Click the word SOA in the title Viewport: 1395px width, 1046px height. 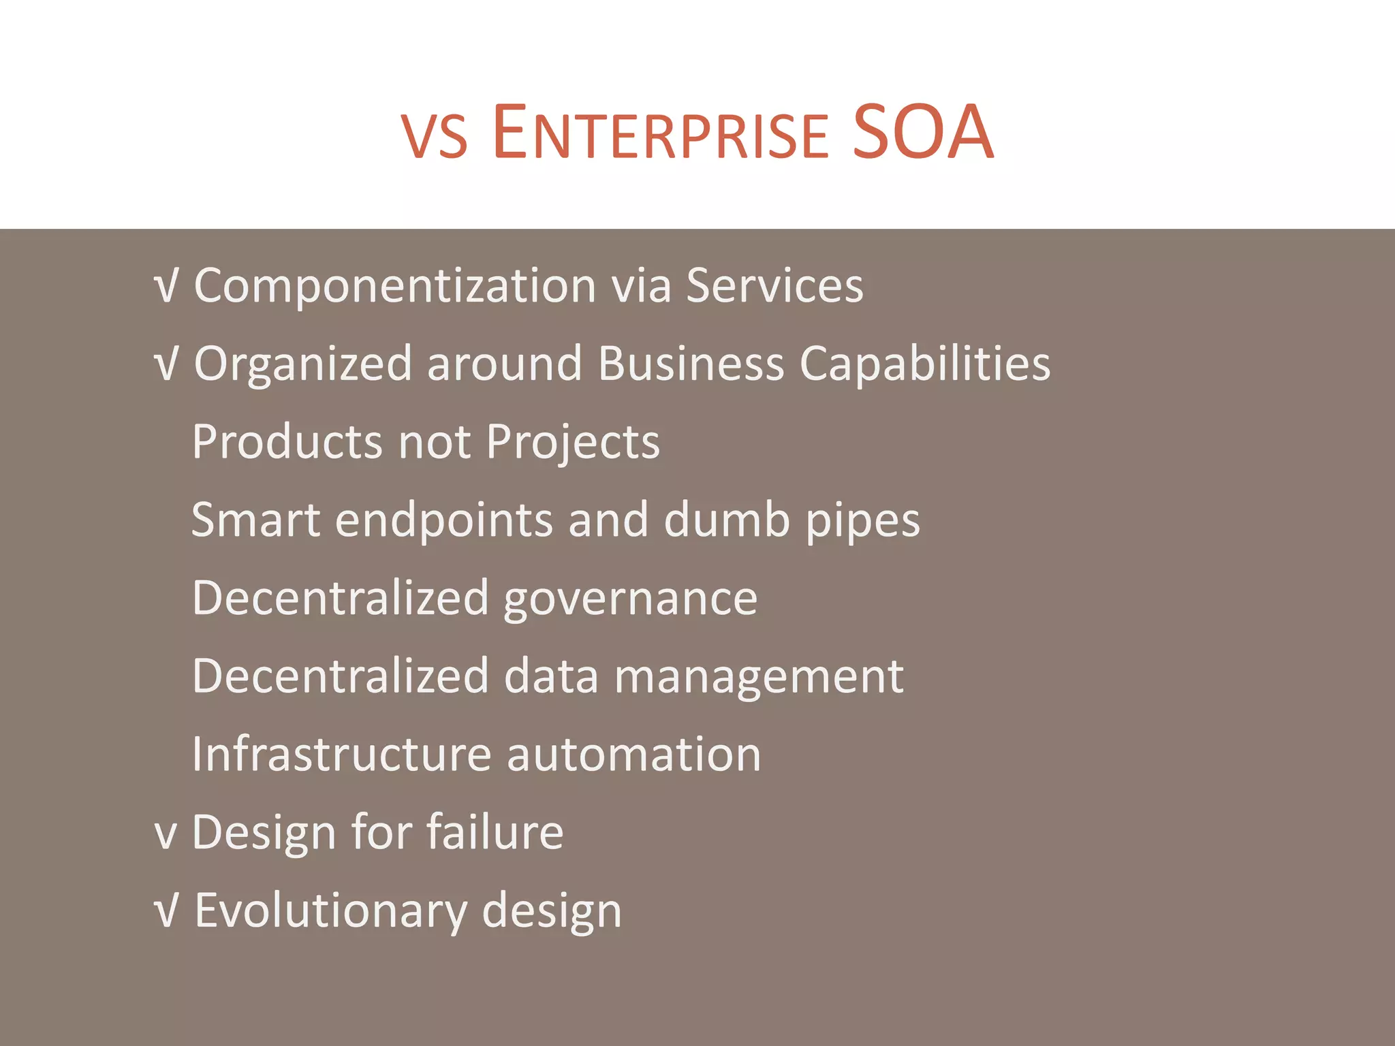coord(922,132)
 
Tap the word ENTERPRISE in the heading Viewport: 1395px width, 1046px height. coord(659,133)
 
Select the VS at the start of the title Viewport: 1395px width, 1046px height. coord(435,139)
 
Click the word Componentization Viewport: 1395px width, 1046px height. coord(395,286)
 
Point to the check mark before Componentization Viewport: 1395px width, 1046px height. coord(167,286)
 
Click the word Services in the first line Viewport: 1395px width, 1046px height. coord(774,286)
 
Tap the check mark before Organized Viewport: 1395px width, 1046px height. coord(167,364)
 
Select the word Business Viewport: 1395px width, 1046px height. coord(691,364)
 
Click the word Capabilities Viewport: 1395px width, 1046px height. coord(924,365)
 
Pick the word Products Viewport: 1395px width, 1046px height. coord(287,442)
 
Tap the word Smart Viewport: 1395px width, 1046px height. coord(255,520)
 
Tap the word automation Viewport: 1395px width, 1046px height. coord(633,755)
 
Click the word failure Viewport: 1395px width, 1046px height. coord(495,832)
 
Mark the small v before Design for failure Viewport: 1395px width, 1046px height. coord(166,835)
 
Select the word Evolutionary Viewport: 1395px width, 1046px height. coord(331,911)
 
